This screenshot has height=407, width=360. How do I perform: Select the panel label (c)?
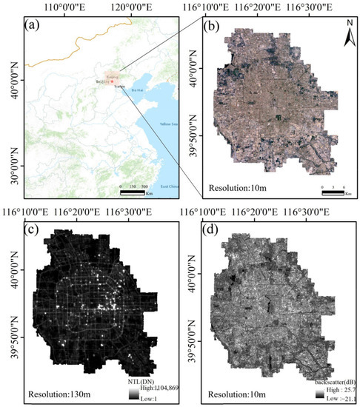click(x=32, y=228)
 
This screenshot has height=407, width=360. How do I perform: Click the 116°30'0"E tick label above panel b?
click(x=327, y=9)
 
